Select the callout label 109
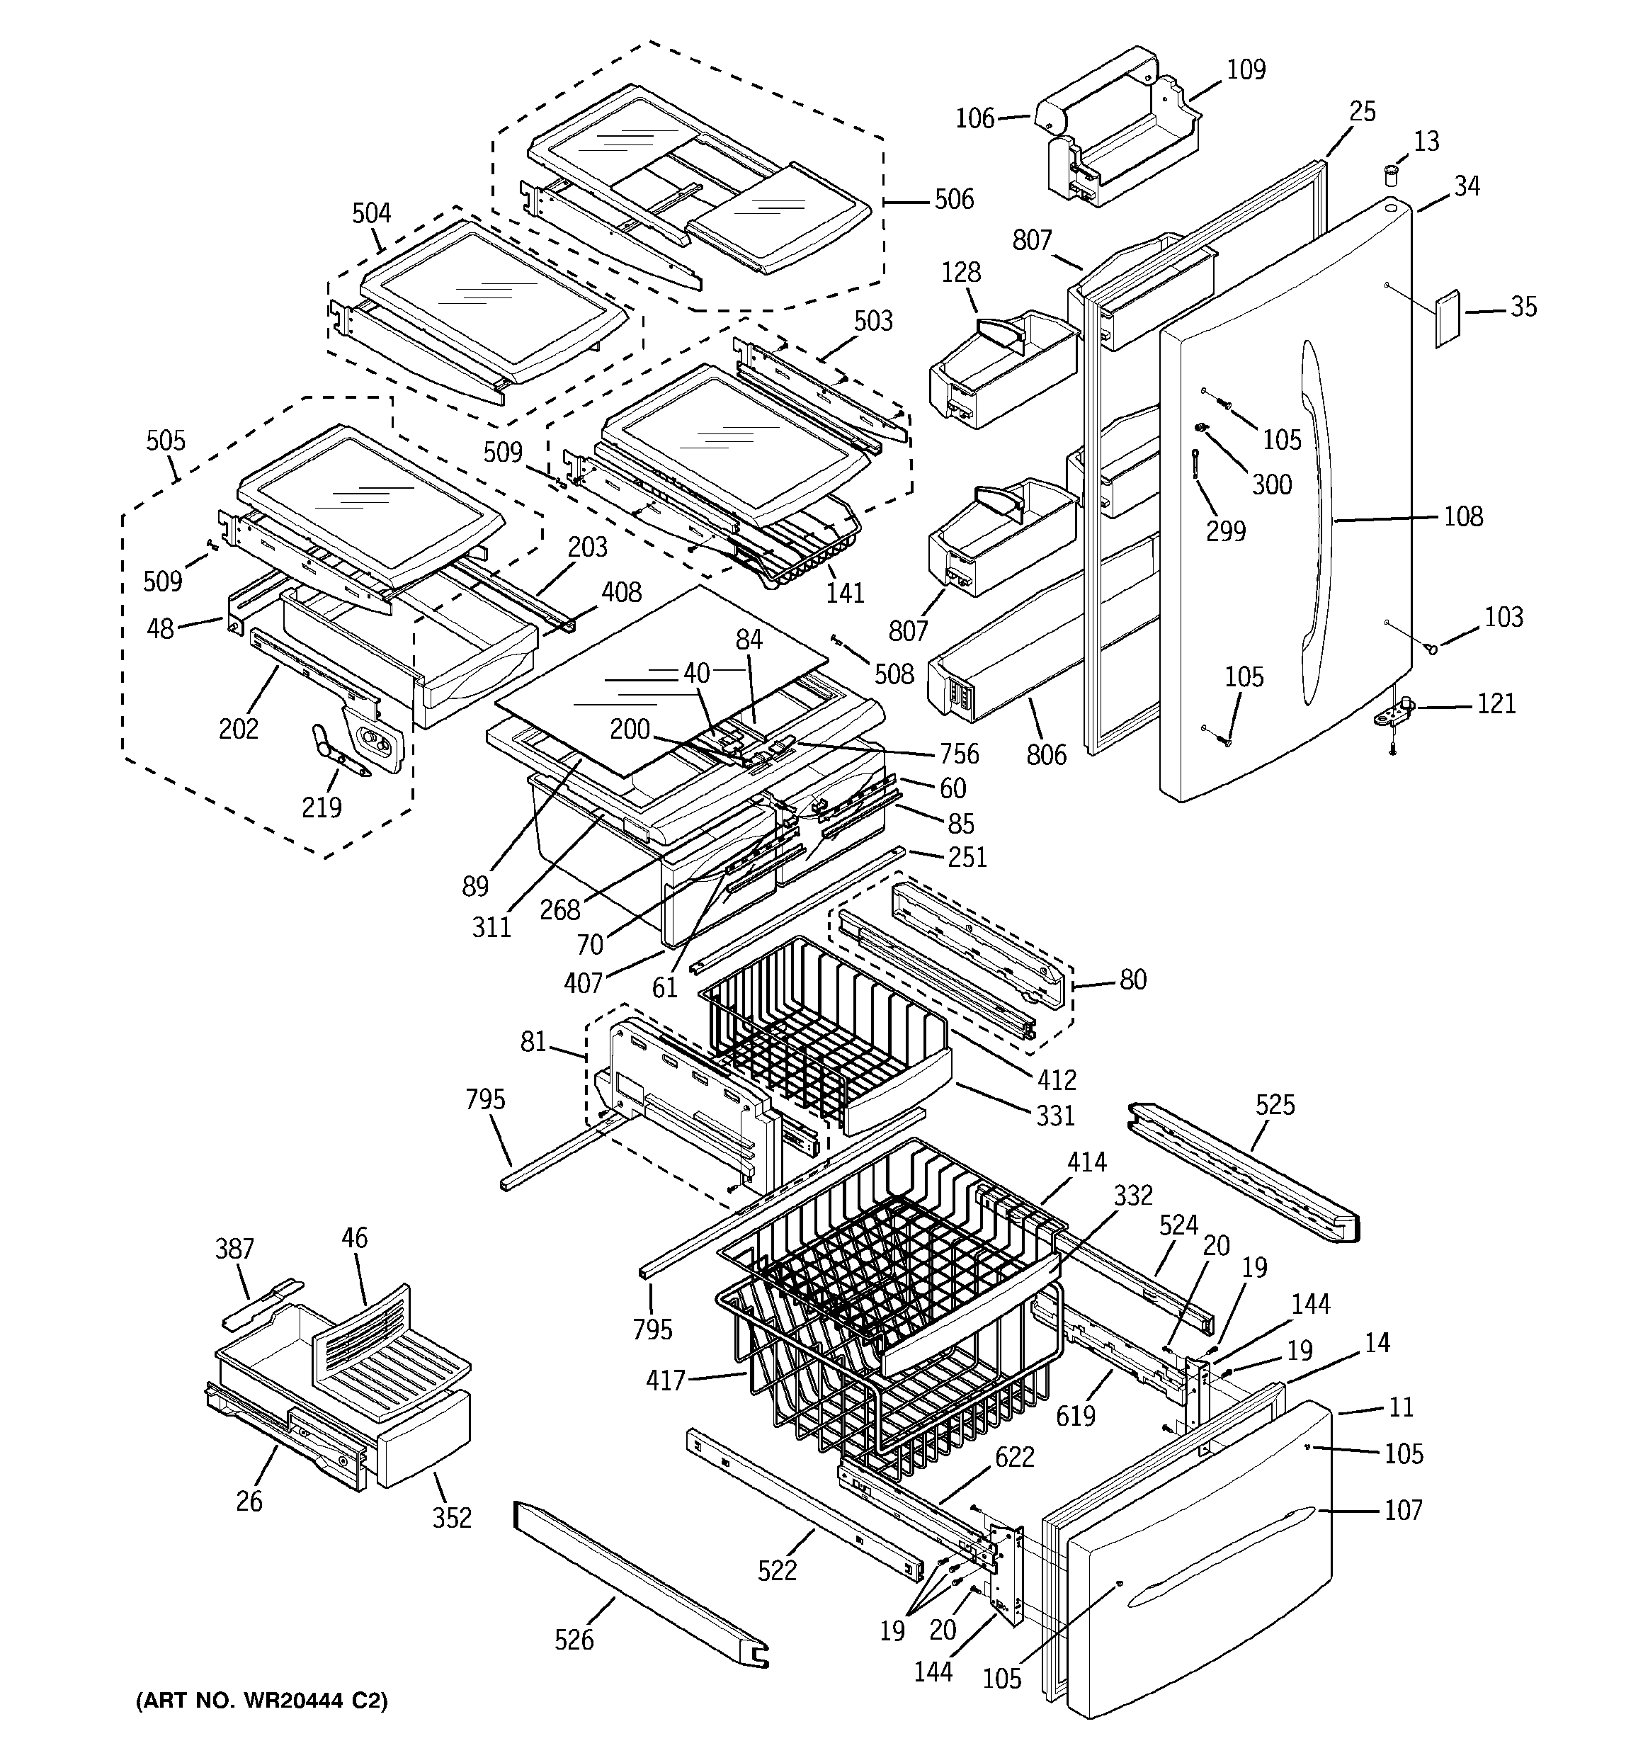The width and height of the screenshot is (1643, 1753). coord(1246,69)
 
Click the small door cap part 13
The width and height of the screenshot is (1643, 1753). coord(1392,173)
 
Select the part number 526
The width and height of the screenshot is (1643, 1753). coord(574,1639)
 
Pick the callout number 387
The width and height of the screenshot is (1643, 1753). coord(234,1249)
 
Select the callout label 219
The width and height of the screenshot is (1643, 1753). coord(322,806)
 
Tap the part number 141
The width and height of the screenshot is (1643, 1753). coord(845,593)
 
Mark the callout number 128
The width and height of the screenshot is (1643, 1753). coord(960,273)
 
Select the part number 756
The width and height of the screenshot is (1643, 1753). coord(959,753)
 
